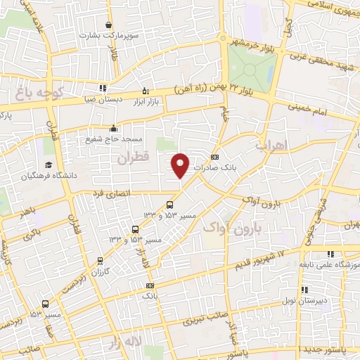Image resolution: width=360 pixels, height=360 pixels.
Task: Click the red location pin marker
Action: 181,165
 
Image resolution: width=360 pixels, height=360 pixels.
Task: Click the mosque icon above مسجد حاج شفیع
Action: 113,128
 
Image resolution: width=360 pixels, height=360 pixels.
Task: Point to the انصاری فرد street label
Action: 113,191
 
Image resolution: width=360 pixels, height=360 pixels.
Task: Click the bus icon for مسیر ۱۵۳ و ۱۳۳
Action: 136,229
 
